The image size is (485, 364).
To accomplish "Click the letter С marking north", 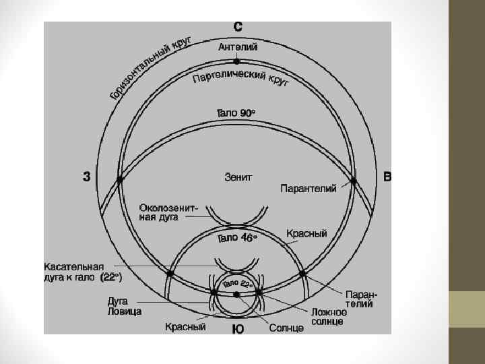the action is [x=238, y=27].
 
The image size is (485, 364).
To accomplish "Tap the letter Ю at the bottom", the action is [x=238, y=329].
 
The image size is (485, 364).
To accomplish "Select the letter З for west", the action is [x=87, y=177].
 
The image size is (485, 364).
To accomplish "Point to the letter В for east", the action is [x=387, y=177].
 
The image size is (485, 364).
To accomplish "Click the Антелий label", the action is [x=237, y=47].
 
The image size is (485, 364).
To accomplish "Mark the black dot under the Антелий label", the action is [x=236, y=61].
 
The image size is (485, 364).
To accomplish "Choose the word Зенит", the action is [x=238, y=177].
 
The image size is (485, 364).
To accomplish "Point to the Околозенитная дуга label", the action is [x=168, y=212].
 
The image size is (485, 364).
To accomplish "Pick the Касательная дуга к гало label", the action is [x=83, y=271].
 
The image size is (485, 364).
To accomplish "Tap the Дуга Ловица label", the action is [x=125, y=307].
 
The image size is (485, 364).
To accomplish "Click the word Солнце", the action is [x=286, y=328].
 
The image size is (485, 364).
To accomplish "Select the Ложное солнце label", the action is [x=329, y=316].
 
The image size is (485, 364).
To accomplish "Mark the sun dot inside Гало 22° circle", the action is [x=236, y=295].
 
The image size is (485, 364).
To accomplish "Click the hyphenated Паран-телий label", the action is [x=362, y=299].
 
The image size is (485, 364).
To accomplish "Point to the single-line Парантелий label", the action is [x=309, y=188].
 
